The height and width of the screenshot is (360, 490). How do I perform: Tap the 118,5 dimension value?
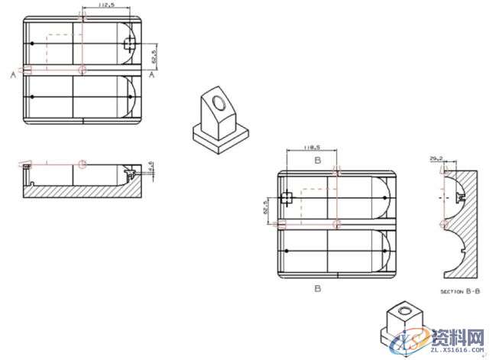click(x=310, y=148)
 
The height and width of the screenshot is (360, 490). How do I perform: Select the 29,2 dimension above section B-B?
click(x=436, y=158)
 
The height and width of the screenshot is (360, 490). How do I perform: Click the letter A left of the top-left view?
click(x=13, y=75)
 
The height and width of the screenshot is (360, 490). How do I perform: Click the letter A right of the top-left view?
click(x=152, y=75)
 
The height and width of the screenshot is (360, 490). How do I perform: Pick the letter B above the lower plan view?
click(x=316, y=161)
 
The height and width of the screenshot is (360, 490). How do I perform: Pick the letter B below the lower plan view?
click(x=316, y=289)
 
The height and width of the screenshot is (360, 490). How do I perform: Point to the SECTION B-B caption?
click(x=460, y=291)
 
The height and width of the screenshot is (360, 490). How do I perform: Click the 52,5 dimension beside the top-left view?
click(x=154, y=57)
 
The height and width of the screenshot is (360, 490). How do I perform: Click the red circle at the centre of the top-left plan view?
click(x=82, y=70)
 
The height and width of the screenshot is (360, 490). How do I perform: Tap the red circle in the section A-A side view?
click(x=82, y=164)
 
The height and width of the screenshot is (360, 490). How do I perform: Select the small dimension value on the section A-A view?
click(x=151, y=166)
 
